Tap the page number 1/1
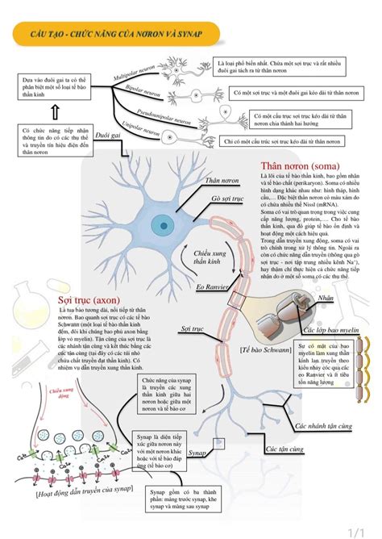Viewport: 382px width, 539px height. (x=360, y=529)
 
